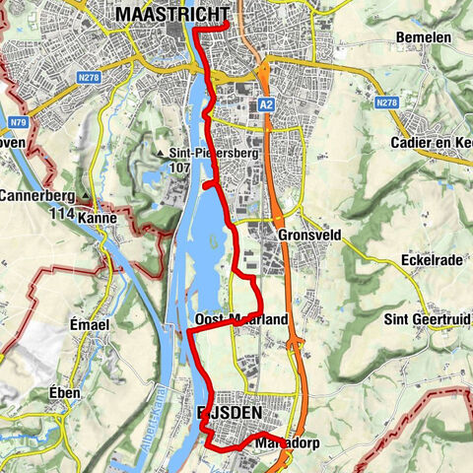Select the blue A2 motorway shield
point(265,103)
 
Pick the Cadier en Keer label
point(434,144)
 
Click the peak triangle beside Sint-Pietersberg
point(160,154)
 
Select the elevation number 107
point(178,168)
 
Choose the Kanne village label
point(97,217)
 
